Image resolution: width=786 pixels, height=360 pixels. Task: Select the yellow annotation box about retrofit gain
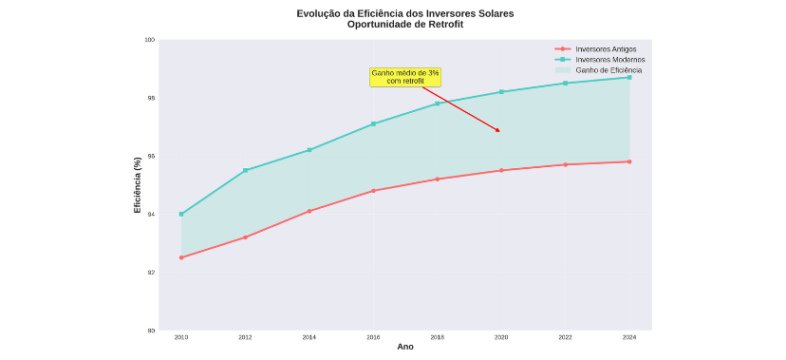(405, 77)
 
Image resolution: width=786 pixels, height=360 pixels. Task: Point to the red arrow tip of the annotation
(498, 131)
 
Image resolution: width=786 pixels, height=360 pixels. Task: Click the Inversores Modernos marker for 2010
(181, 214)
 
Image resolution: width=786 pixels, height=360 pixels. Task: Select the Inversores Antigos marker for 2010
(181, 257)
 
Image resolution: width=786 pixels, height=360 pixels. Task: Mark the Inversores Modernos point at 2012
(245, 171)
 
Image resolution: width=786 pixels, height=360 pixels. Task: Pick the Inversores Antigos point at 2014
(309, 211)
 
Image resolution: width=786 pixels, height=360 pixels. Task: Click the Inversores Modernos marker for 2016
(373, 123)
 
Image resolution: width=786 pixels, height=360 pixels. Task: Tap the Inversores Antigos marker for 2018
(438, 179)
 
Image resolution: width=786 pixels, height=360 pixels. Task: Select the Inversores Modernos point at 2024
(628, 77)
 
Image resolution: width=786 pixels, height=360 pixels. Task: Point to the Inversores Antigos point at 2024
(628, 161)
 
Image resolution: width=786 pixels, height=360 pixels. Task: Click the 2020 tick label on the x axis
(501, 337)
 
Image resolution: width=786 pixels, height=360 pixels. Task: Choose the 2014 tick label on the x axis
(309, 337)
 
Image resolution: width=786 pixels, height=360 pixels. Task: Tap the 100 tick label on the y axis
(149, 40)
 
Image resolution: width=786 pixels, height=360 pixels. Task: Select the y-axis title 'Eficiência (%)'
(138, 185)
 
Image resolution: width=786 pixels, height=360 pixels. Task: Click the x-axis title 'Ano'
(405, 348)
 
